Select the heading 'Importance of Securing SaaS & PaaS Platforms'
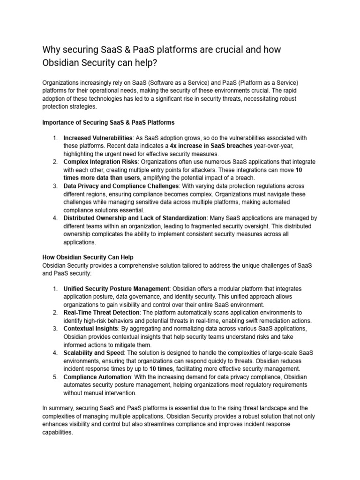pos(108,122)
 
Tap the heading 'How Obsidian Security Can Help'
pos(88,257)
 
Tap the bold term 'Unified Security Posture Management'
pos(116,288)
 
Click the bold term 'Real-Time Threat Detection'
pos(101,312)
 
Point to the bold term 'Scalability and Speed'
pos(93,352)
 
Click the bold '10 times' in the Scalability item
pos(161,369)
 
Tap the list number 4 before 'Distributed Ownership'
pos(55,218)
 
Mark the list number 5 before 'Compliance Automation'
pos(55,377)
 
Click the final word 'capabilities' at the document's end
pos(57,433)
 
